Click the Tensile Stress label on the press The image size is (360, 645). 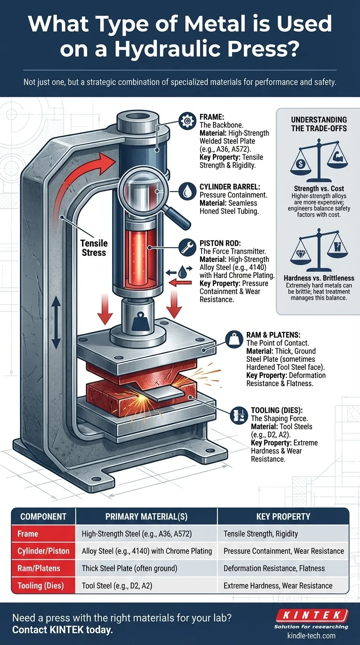(x=94, y=248)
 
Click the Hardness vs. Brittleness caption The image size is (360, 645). (x=319, y=278)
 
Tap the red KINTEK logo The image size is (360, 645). (x=311, y=615)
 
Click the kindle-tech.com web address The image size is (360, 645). (x=311, y=636)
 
